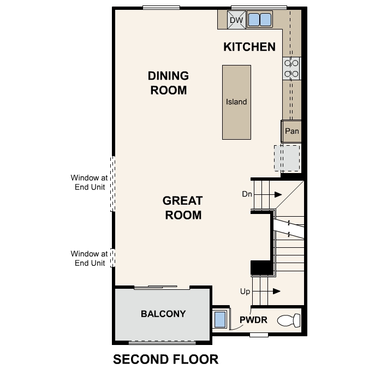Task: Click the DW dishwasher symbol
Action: click(236, 20)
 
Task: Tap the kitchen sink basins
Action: click(259, 20)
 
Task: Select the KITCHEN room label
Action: click(249, 47)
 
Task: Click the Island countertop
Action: click(236, 102)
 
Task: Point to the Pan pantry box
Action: click(291, 131)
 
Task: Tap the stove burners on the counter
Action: click(291, 68)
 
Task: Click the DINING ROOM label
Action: click(169, 83)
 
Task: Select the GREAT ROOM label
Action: click(182, 208)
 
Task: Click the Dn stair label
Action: click(246, 194)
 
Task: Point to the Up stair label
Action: click(246, 291)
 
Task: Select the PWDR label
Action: click(254, 320)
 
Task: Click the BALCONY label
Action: click(163, 314)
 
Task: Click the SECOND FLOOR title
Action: click(165, 360)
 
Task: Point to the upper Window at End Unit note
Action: click(90, 182)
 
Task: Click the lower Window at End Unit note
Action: click(90, 258)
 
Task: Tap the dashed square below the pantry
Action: click(287, 158)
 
